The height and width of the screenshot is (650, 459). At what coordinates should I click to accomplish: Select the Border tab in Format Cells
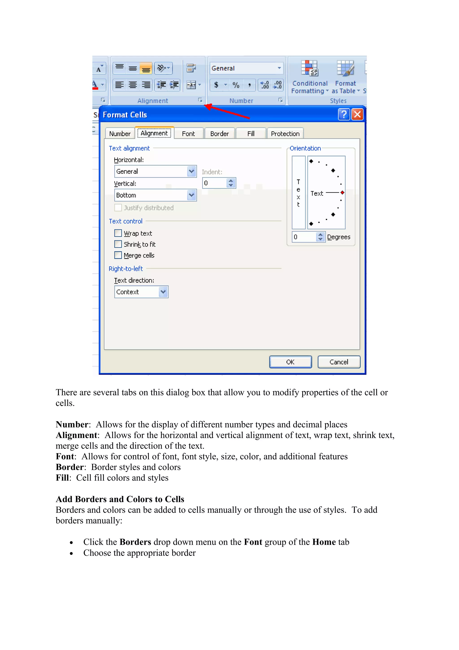click(219, 134)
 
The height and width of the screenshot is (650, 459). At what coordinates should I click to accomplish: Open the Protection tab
click(285, 134)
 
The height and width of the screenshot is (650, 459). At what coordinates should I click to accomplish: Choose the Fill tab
click(251, 134)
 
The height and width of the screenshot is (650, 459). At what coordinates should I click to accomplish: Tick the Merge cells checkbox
click(118, 255)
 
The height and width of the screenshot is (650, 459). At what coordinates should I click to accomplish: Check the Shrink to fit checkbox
click(118, 244)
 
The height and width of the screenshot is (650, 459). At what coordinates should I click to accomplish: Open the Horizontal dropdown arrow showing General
click(191, 171)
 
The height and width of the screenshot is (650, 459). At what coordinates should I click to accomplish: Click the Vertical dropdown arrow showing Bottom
click(191, 195)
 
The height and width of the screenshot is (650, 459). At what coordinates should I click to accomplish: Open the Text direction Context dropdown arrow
click(163, 292)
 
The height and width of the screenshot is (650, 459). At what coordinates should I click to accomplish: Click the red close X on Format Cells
click(357, 114)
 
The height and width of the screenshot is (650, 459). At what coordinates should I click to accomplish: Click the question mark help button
click(344, 114)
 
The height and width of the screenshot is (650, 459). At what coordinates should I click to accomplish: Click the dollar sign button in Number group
click(216, 85)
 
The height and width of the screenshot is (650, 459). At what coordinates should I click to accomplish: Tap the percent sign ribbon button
click(236, 85)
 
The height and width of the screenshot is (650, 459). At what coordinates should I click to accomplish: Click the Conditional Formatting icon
click(310, 69)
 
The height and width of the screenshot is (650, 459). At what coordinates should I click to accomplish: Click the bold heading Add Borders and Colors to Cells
click(120, 499)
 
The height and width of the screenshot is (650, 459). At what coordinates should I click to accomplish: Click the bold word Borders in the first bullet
click(135, 542)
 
